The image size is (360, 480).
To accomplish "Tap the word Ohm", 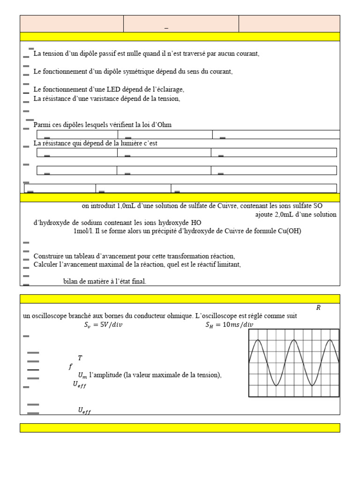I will [165, 125].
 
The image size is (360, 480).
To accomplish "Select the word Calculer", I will [46, 265].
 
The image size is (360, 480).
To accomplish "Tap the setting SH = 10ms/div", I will [229, 325].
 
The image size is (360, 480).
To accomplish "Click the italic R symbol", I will [318, 308].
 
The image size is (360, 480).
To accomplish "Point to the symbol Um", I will [82, 375].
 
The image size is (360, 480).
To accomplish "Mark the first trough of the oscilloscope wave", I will [276, 385].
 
